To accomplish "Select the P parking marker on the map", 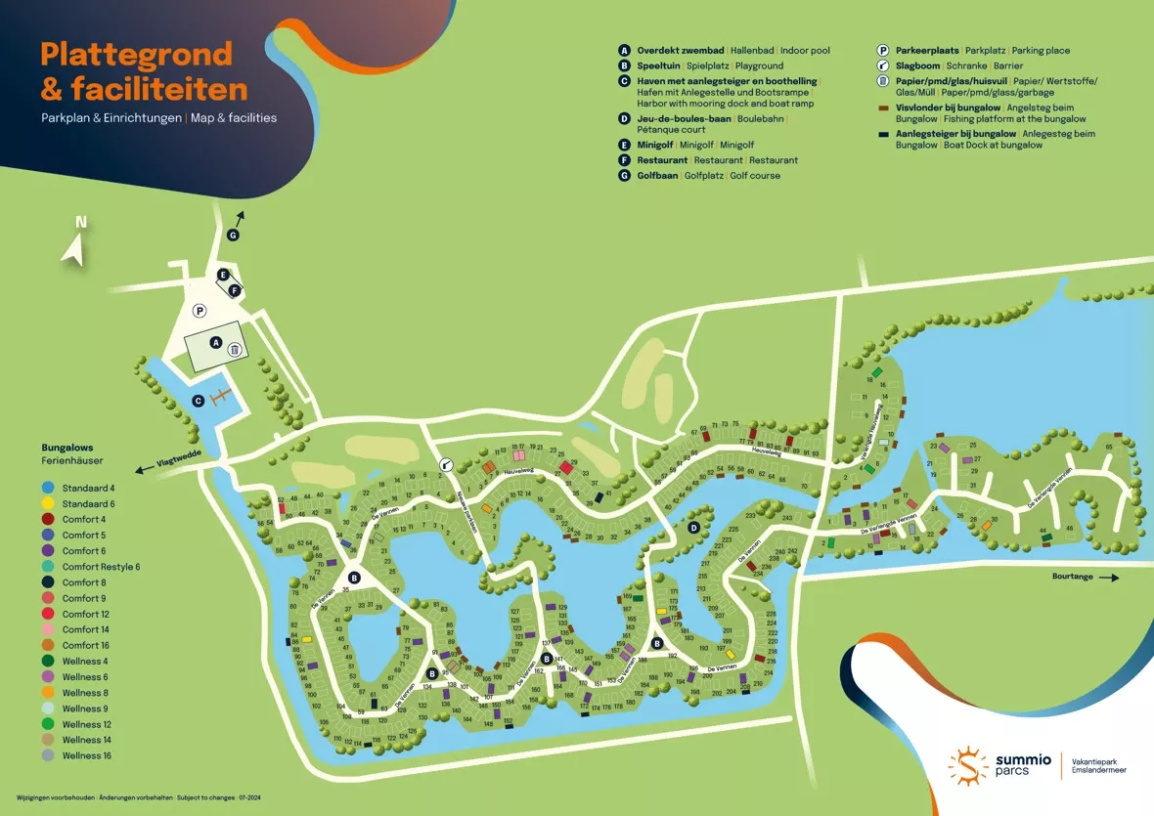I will [x=199, y=311].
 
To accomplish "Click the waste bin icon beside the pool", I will [x=235, y=347].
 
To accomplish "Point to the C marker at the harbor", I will [x=199, y=400].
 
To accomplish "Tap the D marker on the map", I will [x=693, y=528].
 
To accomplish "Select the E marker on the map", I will [x=224, y=275].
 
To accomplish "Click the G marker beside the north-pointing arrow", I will [x=233, y=236].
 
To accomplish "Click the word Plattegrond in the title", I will [x=136, y=54].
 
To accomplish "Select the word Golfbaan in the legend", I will [x=658, y=176].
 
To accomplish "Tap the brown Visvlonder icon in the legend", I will [x=883, y=107].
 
